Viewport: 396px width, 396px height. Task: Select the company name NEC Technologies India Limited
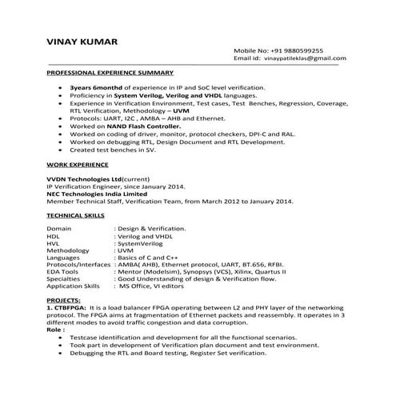97,193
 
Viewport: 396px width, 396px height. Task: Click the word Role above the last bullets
54,329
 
